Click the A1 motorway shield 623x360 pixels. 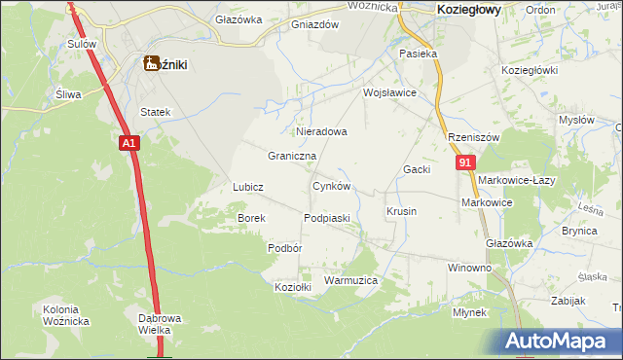click(130, 143)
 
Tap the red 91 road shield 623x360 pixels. click(465, 163)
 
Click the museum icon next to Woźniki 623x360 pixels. click(151, 64)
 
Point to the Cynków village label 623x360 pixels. click(330, 186)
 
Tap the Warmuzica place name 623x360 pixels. click(349, 280)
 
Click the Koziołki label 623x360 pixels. click(293, 287)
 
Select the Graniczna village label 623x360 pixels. click(292, 156)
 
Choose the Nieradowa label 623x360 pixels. click(320, 130)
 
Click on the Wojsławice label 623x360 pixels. click(389, 93)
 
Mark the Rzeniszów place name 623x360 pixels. click(473, 138)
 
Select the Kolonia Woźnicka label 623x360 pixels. click(66, 315)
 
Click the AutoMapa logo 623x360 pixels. click(559, 341)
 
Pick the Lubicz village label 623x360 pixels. click(248, 186)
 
